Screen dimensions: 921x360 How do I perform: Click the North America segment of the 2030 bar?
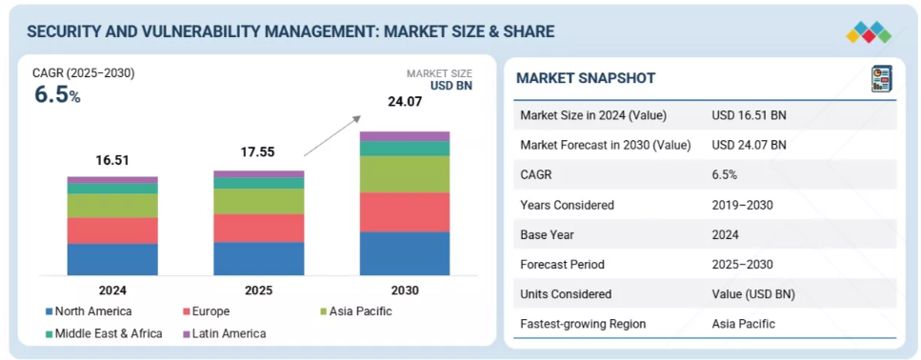click(405, 253)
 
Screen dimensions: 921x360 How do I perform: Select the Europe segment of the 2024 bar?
click(112, 230)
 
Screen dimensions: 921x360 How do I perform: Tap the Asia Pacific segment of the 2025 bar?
click(258, 202)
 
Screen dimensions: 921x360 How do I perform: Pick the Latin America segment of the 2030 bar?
click(405, 136)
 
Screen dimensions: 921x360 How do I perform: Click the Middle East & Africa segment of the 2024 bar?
click(112, 189)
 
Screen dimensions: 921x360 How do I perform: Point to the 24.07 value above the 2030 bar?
click(405, 102)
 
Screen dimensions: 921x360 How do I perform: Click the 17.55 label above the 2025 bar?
click(257, 152)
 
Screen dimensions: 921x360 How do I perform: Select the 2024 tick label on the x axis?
click(112, 290)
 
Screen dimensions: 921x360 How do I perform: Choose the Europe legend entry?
click(206, 311)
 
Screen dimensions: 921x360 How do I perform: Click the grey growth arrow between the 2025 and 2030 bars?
click(331, 135)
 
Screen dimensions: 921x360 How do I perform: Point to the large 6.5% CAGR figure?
click(57, 95)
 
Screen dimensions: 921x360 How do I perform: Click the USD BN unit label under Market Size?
click(451, 86)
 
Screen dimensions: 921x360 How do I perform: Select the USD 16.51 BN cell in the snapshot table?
click(749, 115)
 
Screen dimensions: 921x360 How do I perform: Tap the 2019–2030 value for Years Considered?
click(742, 205)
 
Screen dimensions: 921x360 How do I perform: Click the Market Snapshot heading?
click(586, 78)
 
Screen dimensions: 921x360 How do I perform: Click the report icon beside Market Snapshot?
click(881, 79)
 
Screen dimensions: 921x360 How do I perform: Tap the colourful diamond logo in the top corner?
click(869, 31)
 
